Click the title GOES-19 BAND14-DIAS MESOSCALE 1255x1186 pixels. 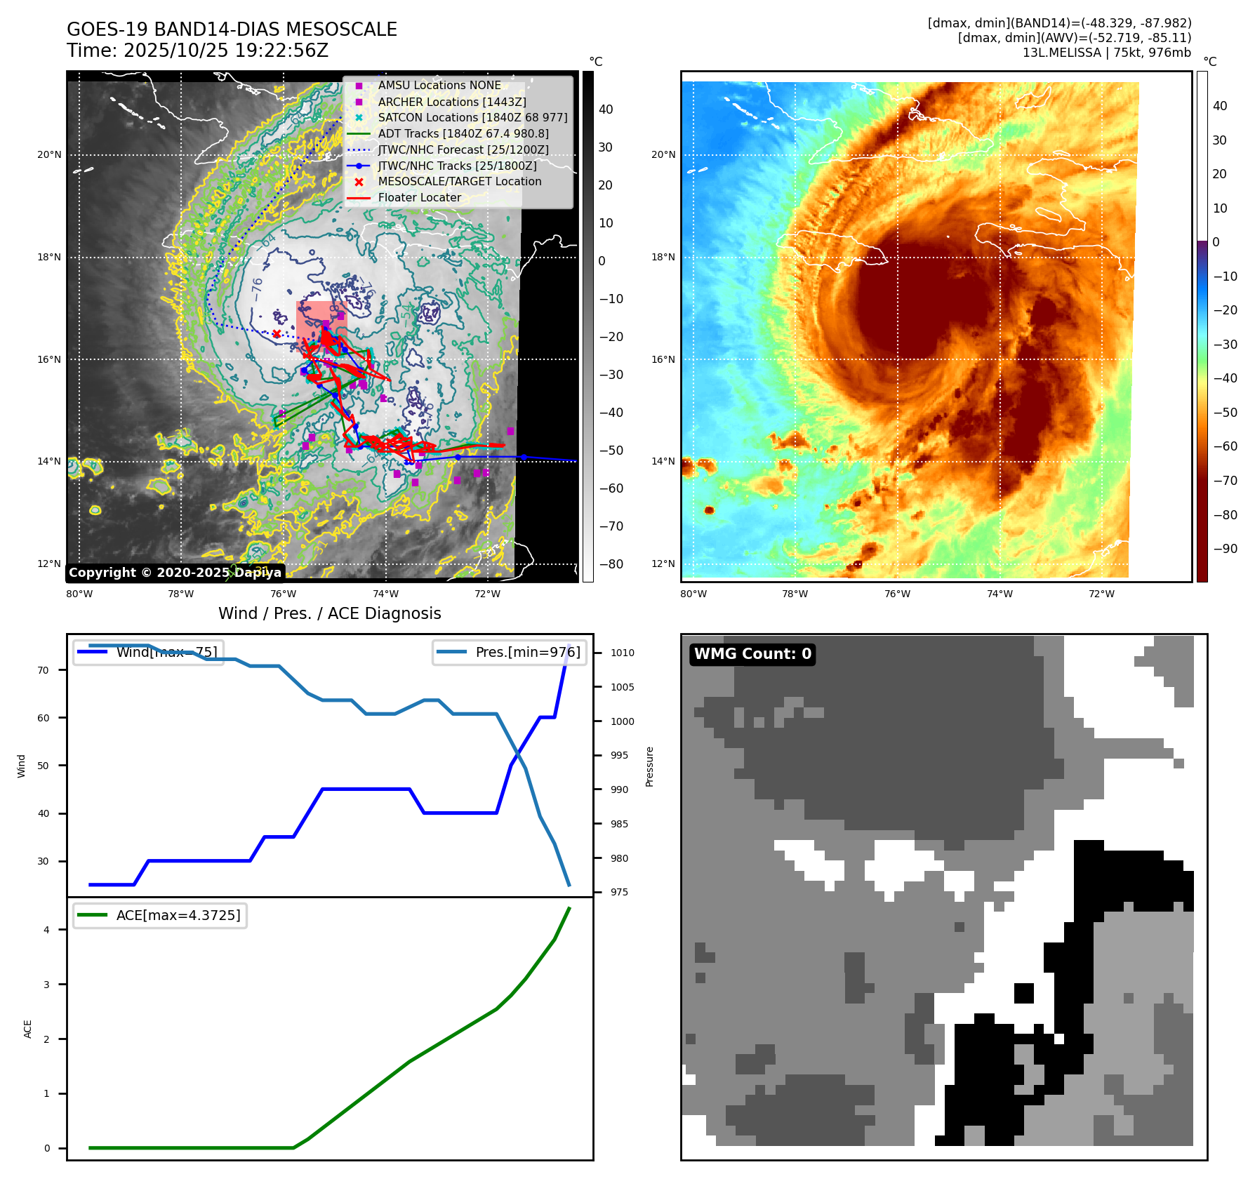(232, 29)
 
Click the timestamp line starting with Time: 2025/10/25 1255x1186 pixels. (197, 51)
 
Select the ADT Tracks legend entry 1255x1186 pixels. (463, 133)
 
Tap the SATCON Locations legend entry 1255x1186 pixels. (472, 117)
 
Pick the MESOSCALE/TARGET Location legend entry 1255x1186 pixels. (460, 181)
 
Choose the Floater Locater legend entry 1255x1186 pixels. (419, 197)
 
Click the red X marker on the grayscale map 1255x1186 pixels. (277, 334)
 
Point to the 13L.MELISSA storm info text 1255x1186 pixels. (1106, 53)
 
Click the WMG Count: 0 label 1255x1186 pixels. (752, 654)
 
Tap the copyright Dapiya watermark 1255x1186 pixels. (175, 573)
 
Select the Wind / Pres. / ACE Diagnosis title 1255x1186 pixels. (329, 613)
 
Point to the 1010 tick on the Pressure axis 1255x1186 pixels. (622, 653)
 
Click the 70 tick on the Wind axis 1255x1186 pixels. (43, 670)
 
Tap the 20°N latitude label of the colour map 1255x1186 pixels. (663, 154)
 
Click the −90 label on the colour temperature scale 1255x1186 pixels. (1226, 549)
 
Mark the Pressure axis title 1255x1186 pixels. (649, 766)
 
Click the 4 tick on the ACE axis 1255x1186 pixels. (46, 930)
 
